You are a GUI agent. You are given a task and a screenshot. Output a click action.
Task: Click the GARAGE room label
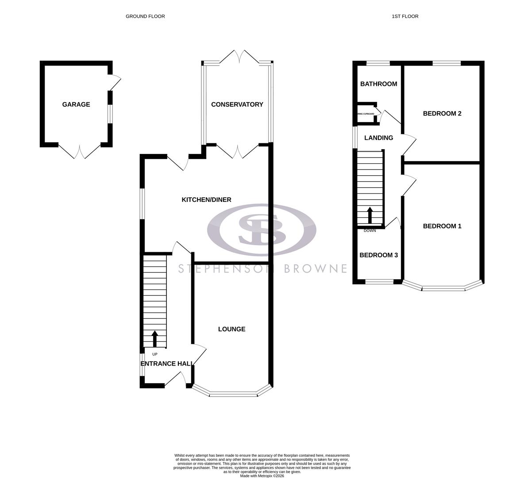(76, 104)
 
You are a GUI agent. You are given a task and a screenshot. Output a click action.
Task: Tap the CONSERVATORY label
(237, 104)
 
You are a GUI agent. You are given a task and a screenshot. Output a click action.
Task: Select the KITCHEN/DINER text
(206, 200)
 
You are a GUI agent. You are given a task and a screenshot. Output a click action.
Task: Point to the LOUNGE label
(231, 329)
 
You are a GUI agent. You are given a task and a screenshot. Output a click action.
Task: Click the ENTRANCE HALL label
(166, 364)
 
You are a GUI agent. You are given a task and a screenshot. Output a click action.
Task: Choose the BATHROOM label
(378, 84)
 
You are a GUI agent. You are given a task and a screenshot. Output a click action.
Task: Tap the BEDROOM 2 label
(442, 114)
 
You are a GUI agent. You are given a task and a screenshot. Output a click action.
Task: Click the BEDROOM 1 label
(442, 226)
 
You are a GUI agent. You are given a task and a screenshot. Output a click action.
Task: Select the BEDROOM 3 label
(378, 255)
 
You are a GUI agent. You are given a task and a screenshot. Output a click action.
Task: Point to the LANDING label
(378, 138)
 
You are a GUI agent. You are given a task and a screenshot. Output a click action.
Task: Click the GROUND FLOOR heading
(145, 16)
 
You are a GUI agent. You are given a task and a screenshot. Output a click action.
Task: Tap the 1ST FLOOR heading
(405, 16)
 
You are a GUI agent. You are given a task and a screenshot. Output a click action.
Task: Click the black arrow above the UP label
(154, 339)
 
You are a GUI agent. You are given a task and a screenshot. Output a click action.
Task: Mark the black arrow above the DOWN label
(370, 216)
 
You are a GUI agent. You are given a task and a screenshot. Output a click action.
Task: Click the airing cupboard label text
(366, 114)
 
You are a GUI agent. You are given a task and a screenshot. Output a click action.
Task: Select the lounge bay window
(233, 392)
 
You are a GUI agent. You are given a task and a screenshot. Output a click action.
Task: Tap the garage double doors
(80, 151)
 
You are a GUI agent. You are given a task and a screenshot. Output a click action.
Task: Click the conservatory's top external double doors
(239, 56)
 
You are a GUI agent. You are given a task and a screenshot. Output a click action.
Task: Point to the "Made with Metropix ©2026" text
(262, 476)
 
